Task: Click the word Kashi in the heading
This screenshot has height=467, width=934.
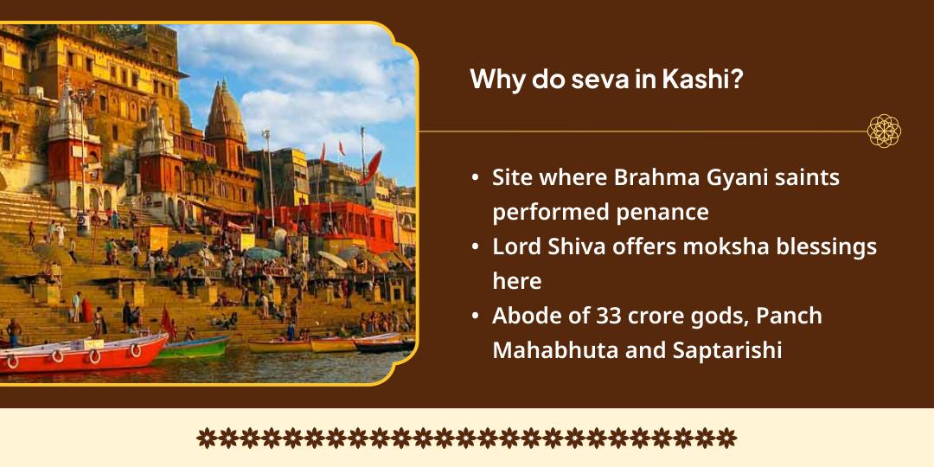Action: [703, 80]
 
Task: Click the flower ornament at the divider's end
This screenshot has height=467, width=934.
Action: [884, 131]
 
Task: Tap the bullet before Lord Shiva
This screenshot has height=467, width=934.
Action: [476, 247]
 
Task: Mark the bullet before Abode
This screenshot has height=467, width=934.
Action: [476, 317]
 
